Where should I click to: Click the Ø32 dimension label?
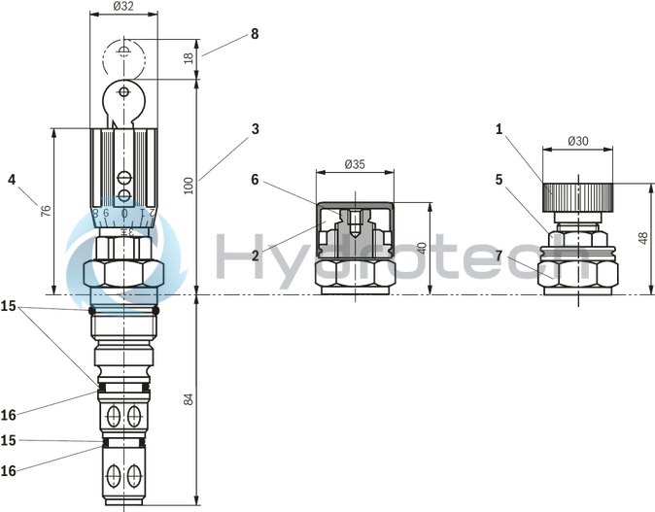(x=123, y=6)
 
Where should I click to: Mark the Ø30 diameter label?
(x=578, y=141)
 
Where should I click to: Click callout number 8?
(x=255, y=33)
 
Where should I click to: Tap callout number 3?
(x=255, y=128)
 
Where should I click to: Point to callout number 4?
(x=11, y=179)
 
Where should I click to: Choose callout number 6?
(x=255, y=180)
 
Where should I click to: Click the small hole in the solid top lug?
(x=123, y=91)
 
